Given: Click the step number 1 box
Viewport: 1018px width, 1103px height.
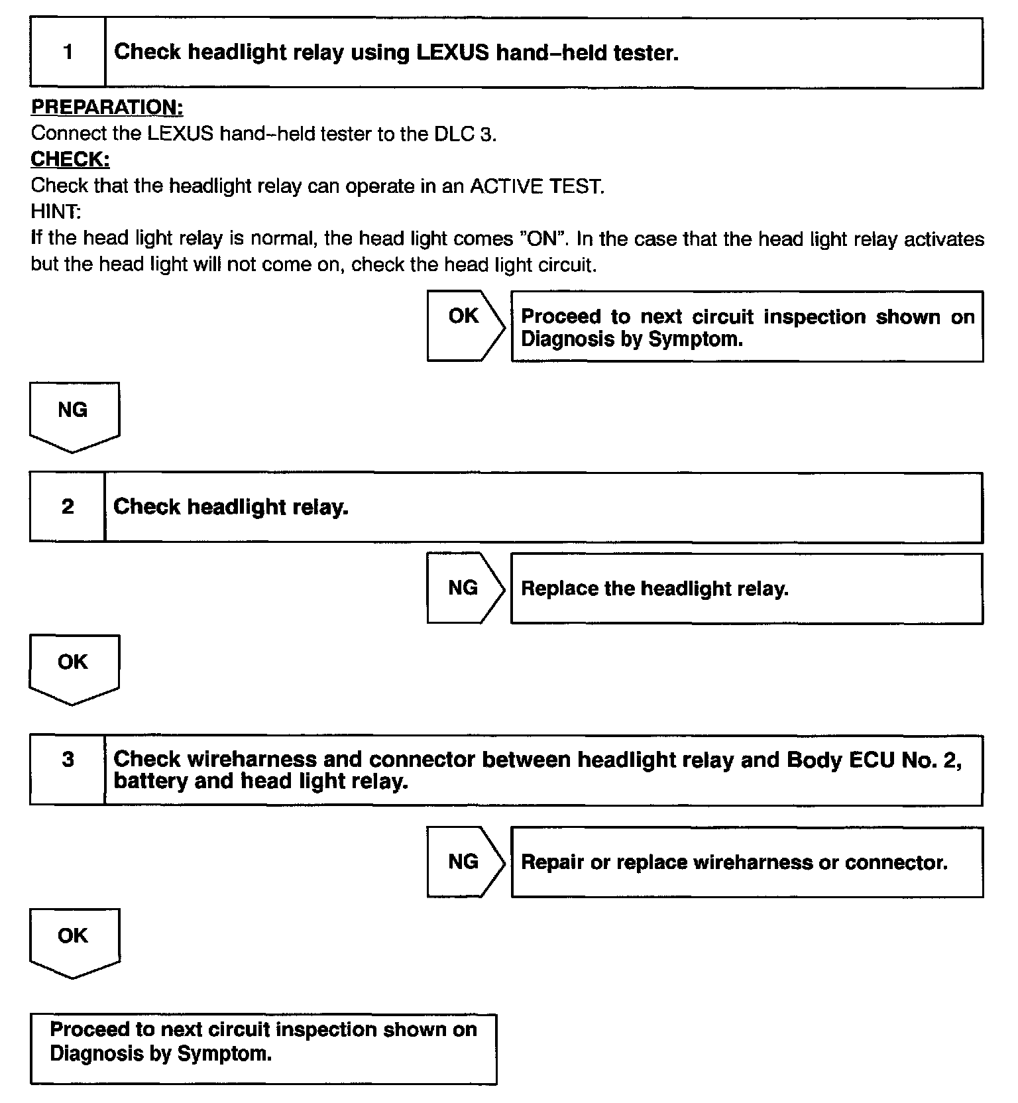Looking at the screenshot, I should tap(68, 53).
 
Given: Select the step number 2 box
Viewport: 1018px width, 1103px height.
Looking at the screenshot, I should tap(67, 507).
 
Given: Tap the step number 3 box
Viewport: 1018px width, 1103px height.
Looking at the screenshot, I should tap(67, 769).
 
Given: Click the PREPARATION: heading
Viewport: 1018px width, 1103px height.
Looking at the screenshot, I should tap(107, 107).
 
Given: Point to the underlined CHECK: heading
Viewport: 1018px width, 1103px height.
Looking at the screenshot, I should tap(70, 159).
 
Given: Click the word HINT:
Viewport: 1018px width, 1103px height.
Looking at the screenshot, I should tap(56, 211).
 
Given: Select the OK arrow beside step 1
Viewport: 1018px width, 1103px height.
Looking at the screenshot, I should tap(465, 325).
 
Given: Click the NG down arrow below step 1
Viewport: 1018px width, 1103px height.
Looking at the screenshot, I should tap(74, 415).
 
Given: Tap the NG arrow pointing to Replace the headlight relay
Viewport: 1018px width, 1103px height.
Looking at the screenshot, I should tap(465, 588).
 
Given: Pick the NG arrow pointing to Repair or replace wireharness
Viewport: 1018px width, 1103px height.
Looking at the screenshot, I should tap(465, 862).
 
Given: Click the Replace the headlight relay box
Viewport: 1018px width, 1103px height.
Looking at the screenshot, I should tap(746, 589).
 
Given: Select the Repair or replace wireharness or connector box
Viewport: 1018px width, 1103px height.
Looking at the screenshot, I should tap(746, 862).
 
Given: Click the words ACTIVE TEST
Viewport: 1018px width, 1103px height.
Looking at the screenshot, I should tap(536, 186).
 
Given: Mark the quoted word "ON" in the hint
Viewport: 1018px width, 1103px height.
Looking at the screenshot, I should tap(543, 239).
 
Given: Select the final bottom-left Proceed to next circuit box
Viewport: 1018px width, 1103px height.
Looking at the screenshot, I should tap(263, 1048).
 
